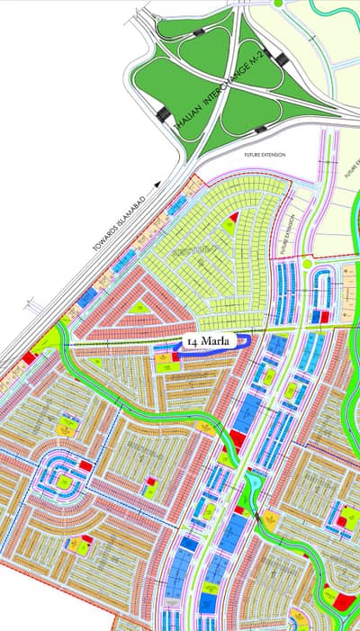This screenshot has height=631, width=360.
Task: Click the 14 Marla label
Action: point(207,342)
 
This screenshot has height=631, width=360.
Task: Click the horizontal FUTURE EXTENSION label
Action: point(265,155)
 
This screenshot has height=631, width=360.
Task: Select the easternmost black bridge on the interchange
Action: point(282,60)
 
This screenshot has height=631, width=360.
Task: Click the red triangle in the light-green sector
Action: point(235,218)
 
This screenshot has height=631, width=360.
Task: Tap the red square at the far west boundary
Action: point(30,357)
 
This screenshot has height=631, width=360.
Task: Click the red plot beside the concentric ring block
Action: point(85,465)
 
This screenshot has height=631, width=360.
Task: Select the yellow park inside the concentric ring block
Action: point(64,482)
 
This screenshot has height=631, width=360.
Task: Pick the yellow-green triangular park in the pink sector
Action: point(140,308)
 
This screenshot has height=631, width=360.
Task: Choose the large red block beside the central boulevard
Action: point(236,438)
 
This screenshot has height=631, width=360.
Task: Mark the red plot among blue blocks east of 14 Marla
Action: point(320,315)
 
